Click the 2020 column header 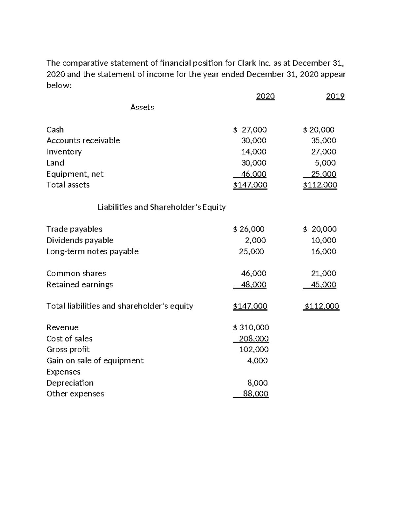point(265,96)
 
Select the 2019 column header point(335,96)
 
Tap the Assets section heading point(142,107)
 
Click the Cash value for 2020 point(250,129)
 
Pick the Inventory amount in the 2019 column point(323,152)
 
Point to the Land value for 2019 point(325,163)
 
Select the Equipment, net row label point(75,174)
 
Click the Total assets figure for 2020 point(250,185)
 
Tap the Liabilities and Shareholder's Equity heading point(162,207)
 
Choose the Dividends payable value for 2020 point(255,240)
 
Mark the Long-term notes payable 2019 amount point(323,251)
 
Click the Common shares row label point(76,274)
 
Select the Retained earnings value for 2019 point(323,284)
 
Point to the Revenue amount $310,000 point(251,327)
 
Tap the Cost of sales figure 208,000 point(254,339)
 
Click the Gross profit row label point(68,349)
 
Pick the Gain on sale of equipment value point(257,360)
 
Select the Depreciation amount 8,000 point(257,383)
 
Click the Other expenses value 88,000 point(255,394)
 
